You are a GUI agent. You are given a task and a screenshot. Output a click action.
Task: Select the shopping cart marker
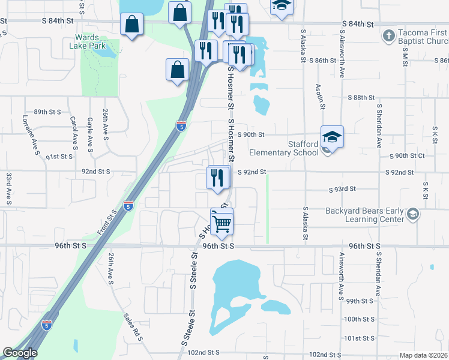tap(222, 223)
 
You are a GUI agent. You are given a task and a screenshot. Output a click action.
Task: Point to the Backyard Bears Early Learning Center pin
tap(412, 214)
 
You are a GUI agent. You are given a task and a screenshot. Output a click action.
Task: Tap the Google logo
tap(20, 353)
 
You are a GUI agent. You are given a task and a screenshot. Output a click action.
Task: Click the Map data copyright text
tap(423, 355)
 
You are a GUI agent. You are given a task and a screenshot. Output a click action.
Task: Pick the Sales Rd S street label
tap(133, 327)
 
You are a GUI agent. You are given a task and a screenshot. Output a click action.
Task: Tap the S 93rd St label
tap(343, 189)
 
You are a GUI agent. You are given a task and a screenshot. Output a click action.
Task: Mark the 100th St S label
tap(360, 319)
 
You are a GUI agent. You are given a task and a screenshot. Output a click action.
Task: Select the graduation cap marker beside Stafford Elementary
tap(331, 137)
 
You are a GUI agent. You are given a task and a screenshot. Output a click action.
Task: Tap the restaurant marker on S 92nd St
tap(217, 178)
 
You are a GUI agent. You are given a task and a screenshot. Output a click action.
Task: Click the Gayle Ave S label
tap(91, 134)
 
